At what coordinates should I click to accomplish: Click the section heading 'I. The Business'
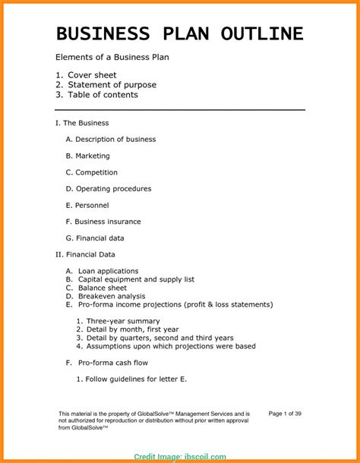coord(83,123)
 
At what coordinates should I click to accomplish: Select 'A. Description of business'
coord(111,140)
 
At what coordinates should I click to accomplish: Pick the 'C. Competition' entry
coord(92,172)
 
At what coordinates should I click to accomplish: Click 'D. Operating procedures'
coord(109,189)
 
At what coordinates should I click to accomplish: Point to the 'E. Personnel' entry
coord(87,205)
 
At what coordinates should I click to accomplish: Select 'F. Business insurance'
coord(103,222)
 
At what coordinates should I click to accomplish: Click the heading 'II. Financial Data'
coord(86,254)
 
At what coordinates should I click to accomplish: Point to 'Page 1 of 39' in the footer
coord(286,414)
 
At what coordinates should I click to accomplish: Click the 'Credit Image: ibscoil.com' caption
coord(179,457)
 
